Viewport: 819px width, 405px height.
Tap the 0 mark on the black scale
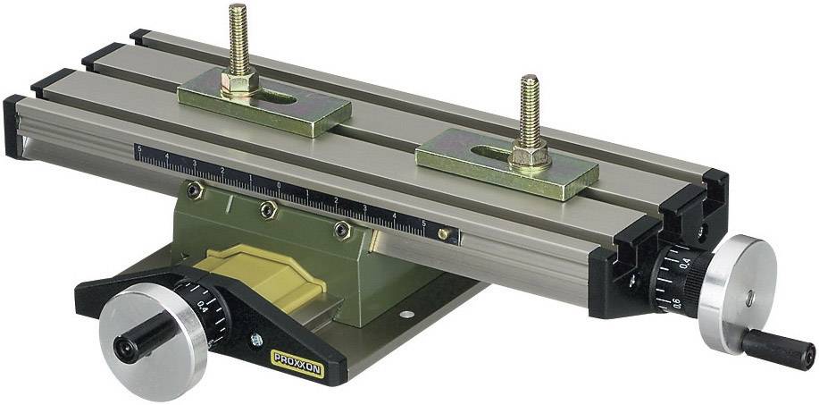tap(279, 186)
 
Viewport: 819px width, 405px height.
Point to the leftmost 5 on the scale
tap(138, 149)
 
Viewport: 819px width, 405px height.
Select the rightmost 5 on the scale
tap(423, 224)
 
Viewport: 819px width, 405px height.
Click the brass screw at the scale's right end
tap(444, 233)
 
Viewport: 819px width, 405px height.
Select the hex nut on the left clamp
tap(241, 86)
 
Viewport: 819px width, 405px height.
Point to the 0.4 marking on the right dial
tap(685, 262)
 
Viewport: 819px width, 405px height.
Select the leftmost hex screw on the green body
tap(196, 190)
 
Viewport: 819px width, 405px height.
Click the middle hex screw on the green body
tap(266, 208)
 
